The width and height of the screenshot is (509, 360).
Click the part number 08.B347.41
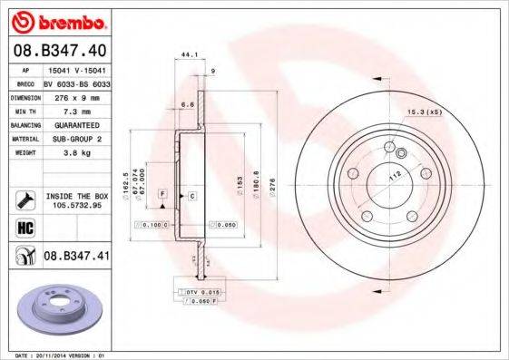[76, 258]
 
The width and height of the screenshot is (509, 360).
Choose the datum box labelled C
[192, 195]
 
